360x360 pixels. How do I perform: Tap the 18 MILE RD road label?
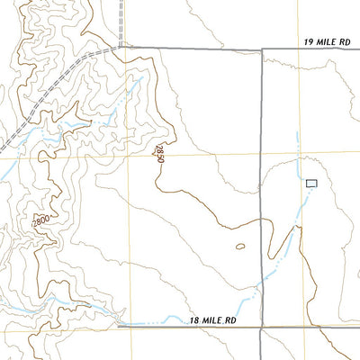coord(213,320)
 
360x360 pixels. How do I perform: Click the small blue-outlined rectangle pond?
coord(312,183)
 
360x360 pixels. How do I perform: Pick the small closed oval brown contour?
coord(240,246)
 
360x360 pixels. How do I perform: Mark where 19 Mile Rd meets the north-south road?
coord(262,49)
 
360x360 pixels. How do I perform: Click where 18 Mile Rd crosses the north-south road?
coord(261,327)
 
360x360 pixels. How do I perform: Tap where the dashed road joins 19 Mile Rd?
coord(120,47)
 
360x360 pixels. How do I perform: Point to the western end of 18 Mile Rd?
coord(120,327)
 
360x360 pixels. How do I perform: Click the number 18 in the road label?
coord(195,320)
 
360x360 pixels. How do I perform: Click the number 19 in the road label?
coord(309,41)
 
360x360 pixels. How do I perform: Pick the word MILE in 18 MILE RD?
coord(212,320)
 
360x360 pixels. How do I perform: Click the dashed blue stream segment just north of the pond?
coord(298,166)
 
